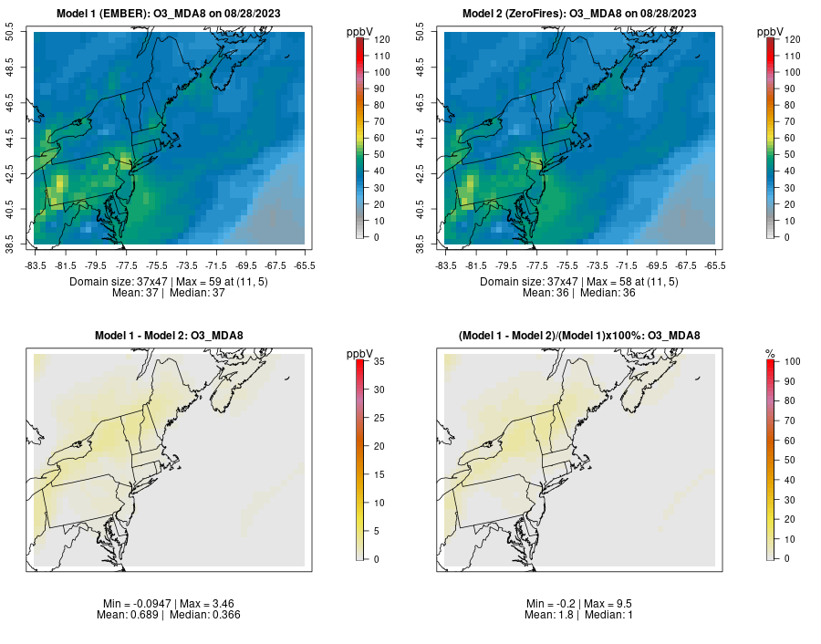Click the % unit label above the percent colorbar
pyautogui.click(x=770, y=354)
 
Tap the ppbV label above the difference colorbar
pyautogui.click(x=359, y=354)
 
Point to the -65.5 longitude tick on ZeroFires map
pyautogui.click(x=716, y=265)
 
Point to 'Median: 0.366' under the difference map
pyautogui.click(x=205, y=615)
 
